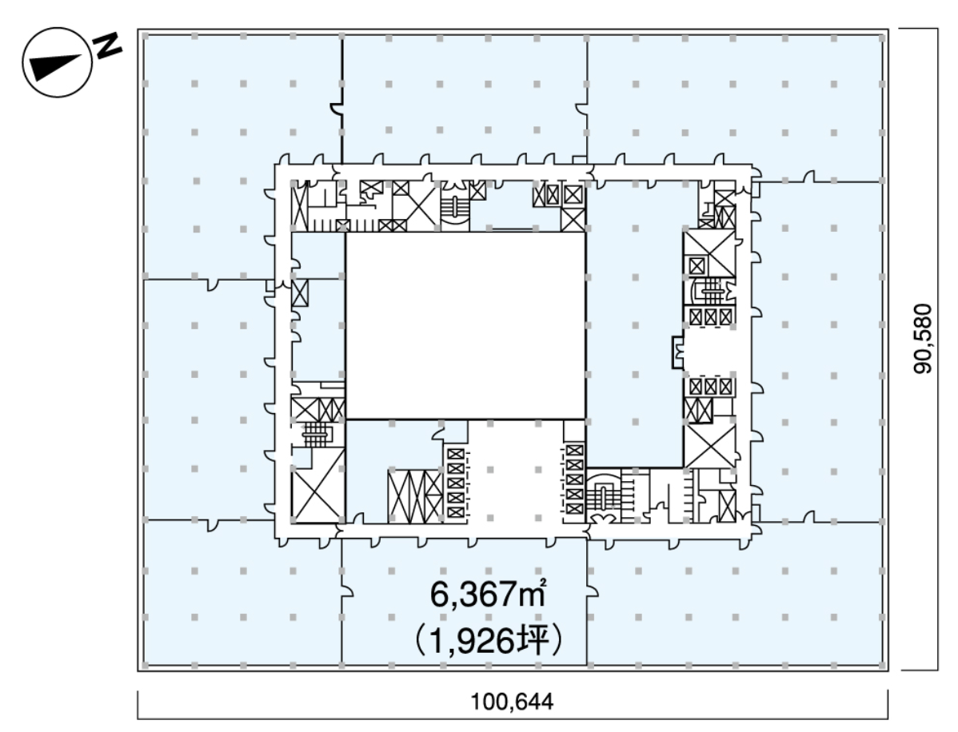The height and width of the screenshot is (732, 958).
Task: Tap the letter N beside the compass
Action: pos(107,46)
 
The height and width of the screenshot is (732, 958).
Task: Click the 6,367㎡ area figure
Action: pos(488,594)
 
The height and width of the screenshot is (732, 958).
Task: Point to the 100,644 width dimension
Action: pos(512,702)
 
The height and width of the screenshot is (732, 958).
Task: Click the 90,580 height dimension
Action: pos(923,338)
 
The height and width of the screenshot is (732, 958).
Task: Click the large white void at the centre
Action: pos(465,325)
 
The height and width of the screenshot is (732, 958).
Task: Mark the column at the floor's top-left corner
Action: pos(146,37)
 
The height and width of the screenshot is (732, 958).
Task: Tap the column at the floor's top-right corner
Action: pos(881,38)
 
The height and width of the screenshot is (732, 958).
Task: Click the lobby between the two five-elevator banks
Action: pos(515,483)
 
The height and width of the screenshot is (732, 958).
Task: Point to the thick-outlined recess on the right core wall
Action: pos(677,352)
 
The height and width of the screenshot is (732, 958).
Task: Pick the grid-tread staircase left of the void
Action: pos(315,435)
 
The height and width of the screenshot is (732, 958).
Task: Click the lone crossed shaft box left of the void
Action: pos(300,293)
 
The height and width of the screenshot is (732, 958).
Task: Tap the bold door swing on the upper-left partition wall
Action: pos(335,109)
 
